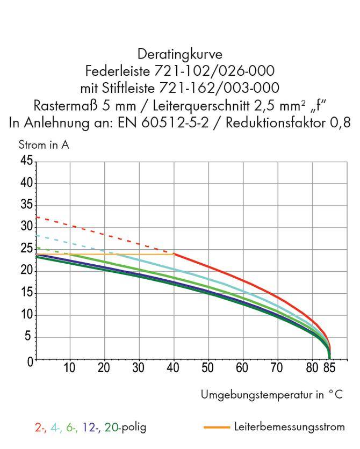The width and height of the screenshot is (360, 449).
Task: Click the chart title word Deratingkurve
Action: pos(180,54)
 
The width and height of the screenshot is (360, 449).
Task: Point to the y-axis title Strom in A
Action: pos(44,144)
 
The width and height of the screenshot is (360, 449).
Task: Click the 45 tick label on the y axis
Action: pos(26,161)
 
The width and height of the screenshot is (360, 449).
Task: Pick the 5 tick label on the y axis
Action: pos(29,337)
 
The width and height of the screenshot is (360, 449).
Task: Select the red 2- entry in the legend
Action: pos(40,428)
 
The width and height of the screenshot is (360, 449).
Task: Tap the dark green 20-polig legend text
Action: pos(113,428)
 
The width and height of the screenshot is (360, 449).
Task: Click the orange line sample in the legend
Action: pos(217,428)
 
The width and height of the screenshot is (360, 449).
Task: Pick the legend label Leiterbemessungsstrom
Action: pos(290,428)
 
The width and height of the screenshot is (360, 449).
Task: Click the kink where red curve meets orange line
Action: pos(174,254)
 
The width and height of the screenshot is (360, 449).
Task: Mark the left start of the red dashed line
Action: pos(37,217)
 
